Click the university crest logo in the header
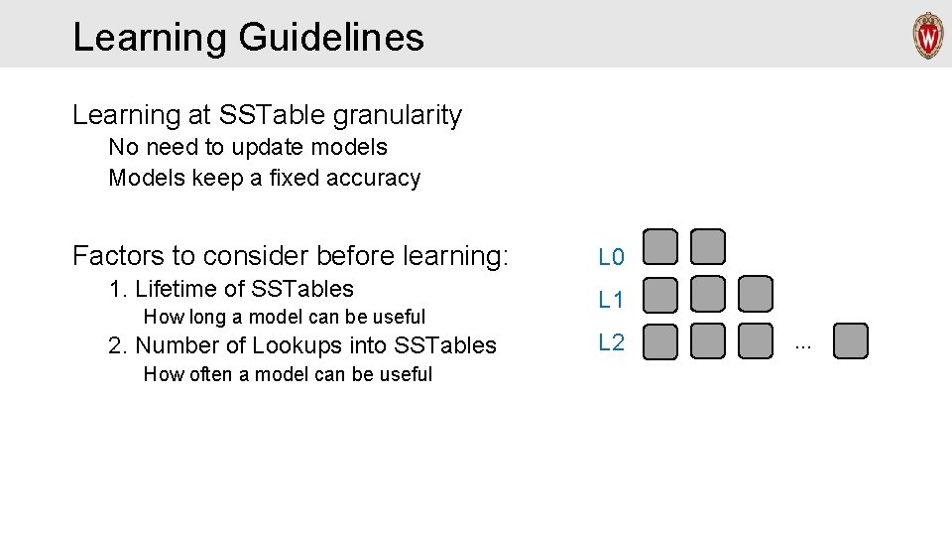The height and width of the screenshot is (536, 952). click(928, 36)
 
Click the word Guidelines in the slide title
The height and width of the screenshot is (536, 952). click(331, 38)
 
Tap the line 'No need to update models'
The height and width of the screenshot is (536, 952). click(248, 147)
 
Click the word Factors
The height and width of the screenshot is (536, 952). click(118, 256)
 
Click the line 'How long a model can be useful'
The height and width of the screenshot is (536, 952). click(285, 317)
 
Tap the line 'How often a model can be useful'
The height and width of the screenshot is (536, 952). click(288, 374)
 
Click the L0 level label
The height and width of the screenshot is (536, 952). click(611, 258)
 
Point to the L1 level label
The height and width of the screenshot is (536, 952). click(611, 299)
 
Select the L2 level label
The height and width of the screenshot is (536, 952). click(611, 343)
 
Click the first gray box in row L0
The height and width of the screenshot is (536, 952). click(660, 246)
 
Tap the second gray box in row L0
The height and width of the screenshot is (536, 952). click(708, 246)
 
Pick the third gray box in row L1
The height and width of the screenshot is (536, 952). click(755, 294)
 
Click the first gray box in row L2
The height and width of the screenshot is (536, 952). click(660, 340)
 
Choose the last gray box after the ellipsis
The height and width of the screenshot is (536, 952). click(850, 340)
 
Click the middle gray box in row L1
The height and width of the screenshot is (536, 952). click(708, 294)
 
